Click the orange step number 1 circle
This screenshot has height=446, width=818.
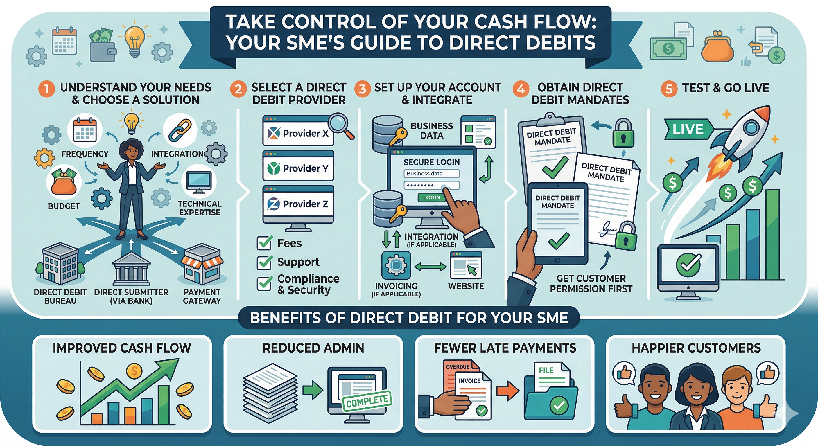(46, 89)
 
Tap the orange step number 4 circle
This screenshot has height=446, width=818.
(521, 89)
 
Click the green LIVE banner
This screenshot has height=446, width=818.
(688, 129)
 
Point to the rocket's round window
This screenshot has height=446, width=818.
(751, 127)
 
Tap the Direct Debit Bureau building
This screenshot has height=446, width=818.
(60, 263)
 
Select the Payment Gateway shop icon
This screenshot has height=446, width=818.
(202, 264)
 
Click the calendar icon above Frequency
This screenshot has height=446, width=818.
(85, 130)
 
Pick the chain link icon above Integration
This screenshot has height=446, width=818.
(180, 130)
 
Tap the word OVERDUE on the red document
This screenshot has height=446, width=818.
(458, 367)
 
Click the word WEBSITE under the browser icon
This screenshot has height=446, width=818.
(466, 286)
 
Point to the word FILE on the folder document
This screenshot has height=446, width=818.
(546, 371)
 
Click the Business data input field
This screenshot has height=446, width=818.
(431, 174)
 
